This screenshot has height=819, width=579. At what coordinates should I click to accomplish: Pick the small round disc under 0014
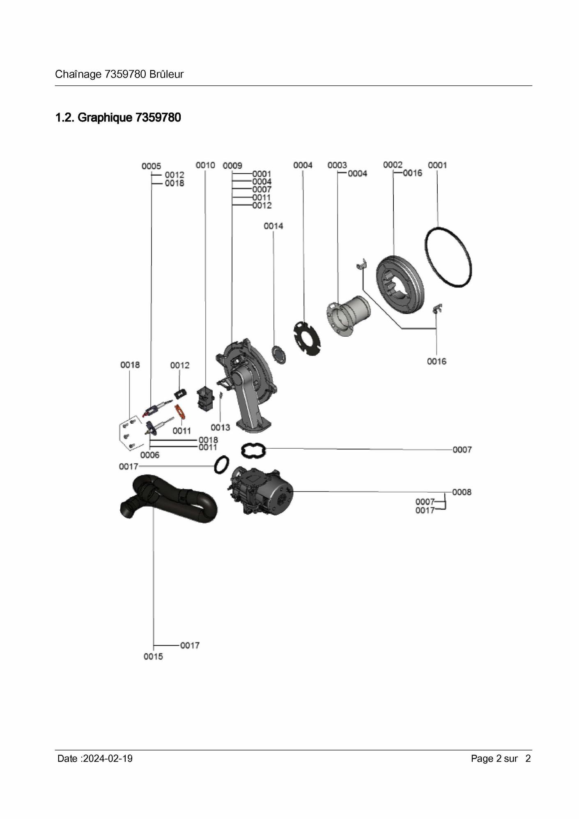(278, 354)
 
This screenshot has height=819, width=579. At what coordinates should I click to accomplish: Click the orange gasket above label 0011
(180, 412)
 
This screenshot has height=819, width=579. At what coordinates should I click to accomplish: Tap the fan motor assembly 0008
(261, 491)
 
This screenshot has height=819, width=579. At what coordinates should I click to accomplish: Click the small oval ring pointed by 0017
(221, 464)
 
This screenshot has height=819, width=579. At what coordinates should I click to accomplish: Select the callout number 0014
(273, 226)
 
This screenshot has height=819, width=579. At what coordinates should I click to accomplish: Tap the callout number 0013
(221, 428)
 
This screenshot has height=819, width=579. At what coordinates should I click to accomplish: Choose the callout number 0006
(150, 455)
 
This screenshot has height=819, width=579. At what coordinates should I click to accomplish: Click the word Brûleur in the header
(166, 74)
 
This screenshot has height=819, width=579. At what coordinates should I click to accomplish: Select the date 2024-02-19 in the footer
(108, 759)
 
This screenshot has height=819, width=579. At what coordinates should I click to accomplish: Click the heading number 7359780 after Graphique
(158, 117)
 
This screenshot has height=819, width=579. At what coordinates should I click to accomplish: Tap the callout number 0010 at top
(205, 165)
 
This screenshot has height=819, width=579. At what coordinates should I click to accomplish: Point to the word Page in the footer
(482, 759)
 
